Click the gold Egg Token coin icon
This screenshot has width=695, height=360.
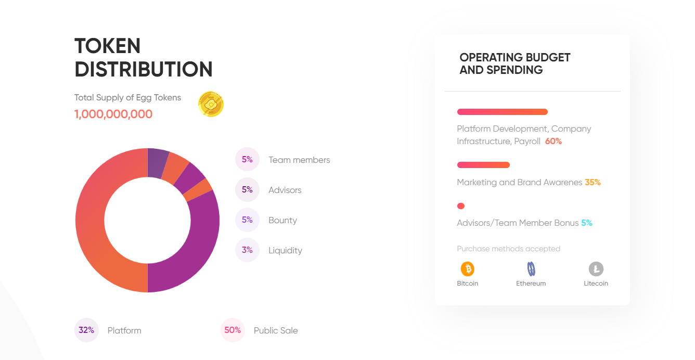coord(211,104)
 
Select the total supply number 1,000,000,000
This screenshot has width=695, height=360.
coord(113,114)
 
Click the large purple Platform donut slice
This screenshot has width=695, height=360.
coord(195,245)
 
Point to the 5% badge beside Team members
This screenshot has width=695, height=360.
coord(247,160)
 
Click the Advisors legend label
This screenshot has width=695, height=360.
coord(285,190)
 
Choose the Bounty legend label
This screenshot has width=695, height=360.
coord(282,220)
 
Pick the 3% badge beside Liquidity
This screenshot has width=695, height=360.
coord(247,250)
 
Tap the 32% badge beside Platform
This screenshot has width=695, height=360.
coord(86,330)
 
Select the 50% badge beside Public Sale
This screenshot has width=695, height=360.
coord(233,330)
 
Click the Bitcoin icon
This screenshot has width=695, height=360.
coord(468,269)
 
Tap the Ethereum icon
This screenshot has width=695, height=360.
coord(531,269)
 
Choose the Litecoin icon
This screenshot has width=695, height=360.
coord(596,269)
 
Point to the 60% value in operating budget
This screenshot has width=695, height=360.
coord(554,141)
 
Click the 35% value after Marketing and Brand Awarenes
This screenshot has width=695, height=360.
coord(593,183)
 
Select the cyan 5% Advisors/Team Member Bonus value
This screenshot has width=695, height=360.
coord(587,223)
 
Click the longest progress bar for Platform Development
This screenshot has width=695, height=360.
coord(502,112)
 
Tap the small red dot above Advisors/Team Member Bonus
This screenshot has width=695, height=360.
coord(461,206)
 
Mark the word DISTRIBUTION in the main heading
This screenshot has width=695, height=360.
coord(144,69)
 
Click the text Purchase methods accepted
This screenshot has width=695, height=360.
coord(508,249)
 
